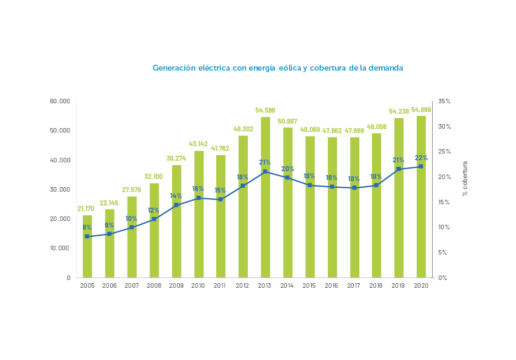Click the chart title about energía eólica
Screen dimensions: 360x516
[x=278, y=68]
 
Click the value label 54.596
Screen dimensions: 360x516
[x=265, y=110]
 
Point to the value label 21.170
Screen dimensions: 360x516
[x=86, y=209]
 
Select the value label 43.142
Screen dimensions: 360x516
[x=198, y=144]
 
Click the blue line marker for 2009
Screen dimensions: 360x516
[x=176, y=205]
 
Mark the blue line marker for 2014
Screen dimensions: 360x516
[x=288, y=177]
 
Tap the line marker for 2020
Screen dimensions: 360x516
[x=421, y=166]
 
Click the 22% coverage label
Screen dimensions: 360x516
[x=421, y=158]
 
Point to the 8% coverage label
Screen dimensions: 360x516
[x=87, y=227]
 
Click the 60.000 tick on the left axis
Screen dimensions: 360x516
[x=60, y=102]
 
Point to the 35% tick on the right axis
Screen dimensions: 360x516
[x=444, y=102]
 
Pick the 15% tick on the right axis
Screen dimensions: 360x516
[x=444, y=202]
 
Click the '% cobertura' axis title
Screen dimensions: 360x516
[x=465, y=178]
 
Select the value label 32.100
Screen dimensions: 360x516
[x=154, y=177]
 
